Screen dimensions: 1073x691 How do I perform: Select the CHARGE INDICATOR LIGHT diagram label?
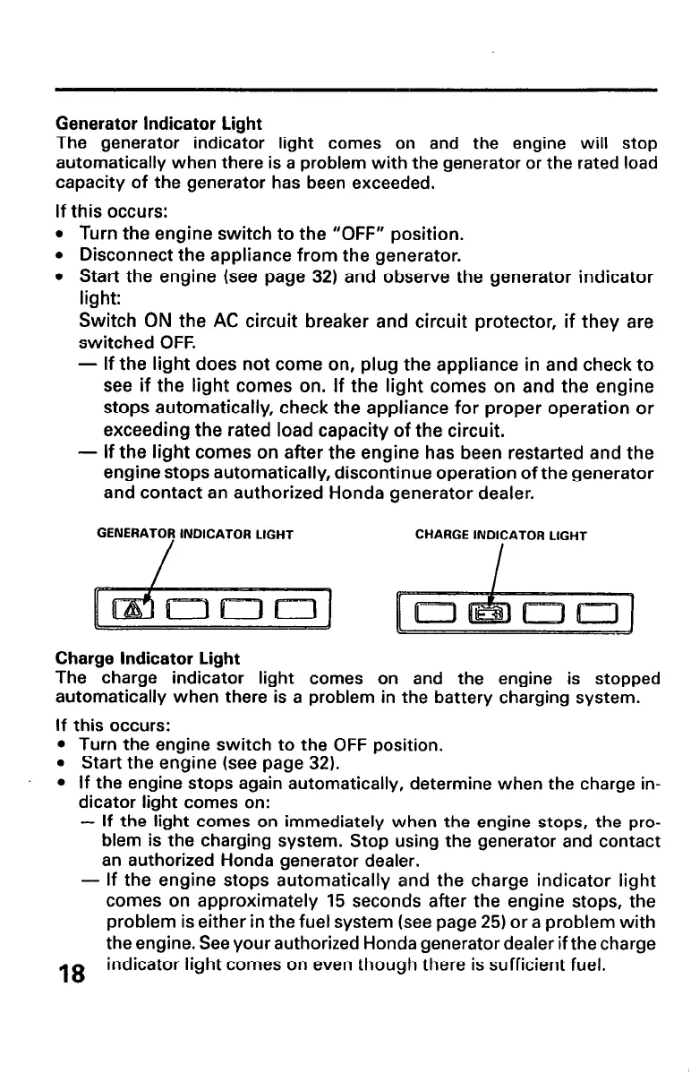point(501,536)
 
